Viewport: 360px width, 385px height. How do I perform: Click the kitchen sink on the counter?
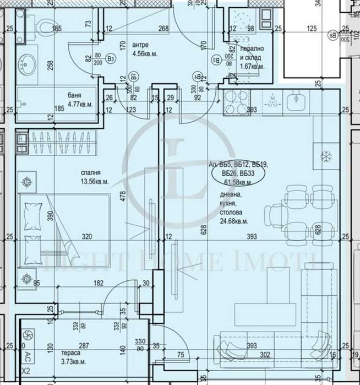(297, 101)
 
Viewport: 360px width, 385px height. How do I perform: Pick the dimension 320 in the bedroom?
(85, 237)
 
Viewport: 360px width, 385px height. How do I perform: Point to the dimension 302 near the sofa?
(265, 355)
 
